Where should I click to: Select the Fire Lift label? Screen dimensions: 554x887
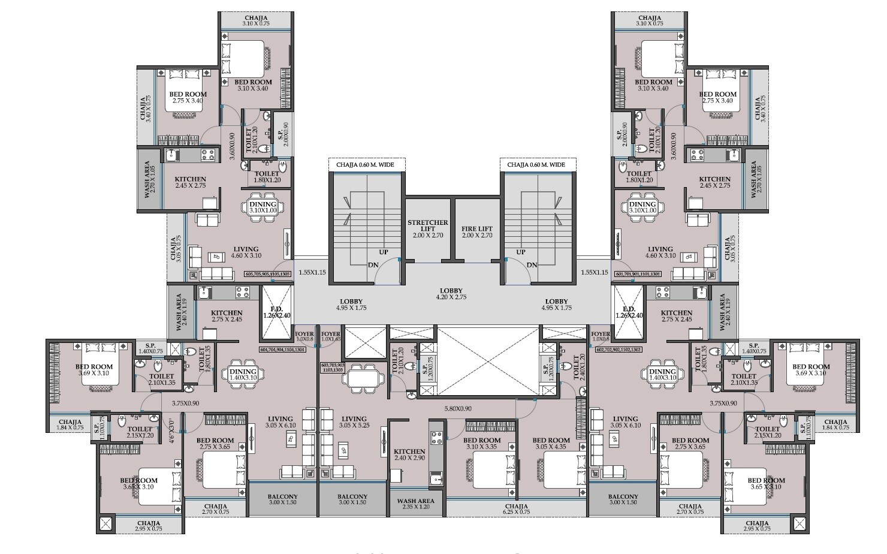pyautogui.click(x=477, y=232)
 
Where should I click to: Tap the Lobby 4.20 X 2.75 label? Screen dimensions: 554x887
pyautogui.click(x=442, y=293)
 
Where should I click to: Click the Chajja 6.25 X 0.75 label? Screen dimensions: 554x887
pyautogui.click(x=516, y=508)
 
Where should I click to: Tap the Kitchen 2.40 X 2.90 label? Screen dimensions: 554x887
pyautogui.click(x=409, y=454)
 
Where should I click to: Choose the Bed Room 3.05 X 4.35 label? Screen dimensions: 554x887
pyautogui.click(x=551, y=443)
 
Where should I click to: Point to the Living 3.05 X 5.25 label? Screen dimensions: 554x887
pyautogui.click(x=354, y=422)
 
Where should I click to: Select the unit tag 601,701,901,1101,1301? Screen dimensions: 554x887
pyautogui.click(x=636, y=274)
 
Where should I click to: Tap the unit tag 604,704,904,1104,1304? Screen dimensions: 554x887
pyautogui.click(x=283, y=348)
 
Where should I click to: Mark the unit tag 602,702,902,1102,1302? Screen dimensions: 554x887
pyautogui.click(x=620, y=348)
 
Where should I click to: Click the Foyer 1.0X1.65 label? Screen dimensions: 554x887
pyautogui.click(x=331, y=336)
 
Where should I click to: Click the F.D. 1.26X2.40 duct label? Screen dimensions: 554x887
pyautogui.click(x=276, y=311)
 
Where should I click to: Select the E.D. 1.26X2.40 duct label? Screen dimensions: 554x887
pyautogui.click(x=627, y=311)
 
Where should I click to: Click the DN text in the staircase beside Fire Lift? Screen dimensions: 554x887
pyautogui.click(x=531, y=265)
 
